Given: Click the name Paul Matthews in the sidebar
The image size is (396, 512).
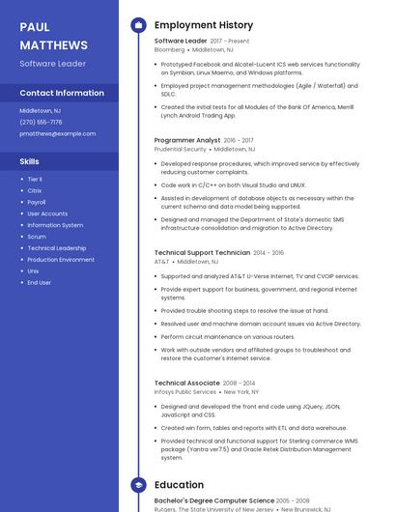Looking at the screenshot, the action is [x=53, y=36].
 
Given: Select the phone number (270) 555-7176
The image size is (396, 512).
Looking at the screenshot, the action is [x=41, y=122].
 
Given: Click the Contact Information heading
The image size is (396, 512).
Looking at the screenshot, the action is [x=62, y=93].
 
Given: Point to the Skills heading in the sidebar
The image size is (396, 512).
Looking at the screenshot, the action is [x=30, y=161].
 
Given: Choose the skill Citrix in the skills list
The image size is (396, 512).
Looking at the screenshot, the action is [x=35, y=190].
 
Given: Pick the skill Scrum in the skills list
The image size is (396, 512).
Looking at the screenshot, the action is [x=37, y=237].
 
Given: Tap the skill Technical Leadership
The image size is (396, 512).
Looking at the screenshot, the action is [x=57, y=248].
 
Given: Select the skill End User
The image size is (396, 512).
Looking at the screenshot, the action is [x=40, y=283].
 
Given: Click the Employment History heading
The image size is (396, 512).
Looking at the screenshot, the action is [x=204, y=25].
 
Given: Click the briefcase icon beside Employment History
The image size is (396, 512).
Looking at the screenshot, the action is [x=137, y=25].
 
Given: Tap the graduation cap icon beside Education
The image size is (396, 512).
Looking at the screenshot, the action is [x=137, y=485].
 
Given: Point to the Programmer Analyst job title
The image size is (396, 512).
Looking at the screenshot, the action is [x=187, y=140].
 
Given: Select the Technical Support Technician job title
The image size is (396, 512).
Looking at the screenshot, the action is [x=202, y=252].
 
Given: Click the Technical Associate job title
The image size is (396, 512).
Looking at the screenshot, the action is [x=187, y=383].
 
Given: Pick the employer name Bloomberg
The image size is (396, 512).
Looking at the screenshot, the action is [x=169, y=49].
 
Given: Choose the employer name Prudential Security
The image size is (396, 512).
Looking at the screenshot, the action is [x=181, y=150].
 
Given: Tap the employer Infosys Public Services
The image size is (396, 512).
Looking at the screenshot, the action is [x=185, y=392].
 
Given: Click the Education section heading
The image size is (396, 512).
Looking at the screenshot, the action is [x=179, y=485].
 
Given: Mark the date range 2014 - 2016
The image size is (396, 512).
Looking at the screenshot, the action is [x=269, y=252].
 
